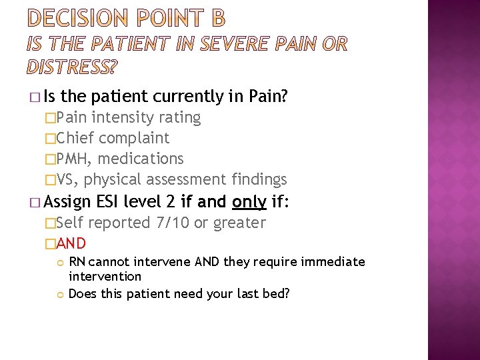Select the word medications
(141, 159)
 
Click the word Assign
(70, 202)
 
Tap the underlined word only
(249, 202)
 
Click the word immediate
(334, 261)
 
